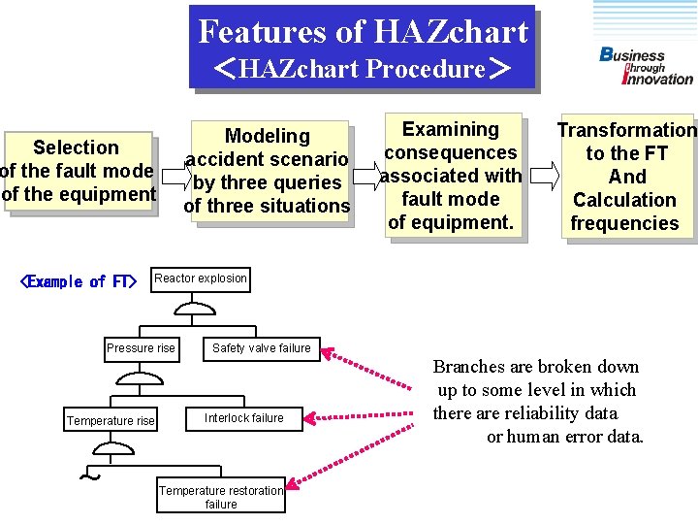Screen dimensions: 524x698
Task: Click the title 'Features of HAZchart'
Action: pos(363,31)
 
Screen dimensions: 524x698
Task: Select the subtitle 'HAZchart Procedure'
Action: pos(362,69)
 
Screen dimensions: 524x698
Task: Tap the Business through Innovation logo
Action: pos(646,66)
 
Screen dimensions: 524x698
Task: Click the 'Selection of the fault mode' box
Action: pos(78,171)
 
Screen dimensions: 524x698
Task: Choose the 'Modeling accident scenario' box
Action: pos(267,171)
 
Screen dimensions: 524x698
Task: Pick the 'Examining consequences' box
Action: pos(451,176)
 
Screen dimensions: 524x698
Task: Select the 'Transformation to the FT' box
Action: pos(625,177)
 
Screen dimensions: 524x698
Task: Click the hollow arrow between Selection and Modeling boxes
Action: pos(173,175)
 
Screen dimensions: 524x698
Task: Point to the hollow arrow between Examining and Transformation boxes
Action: pos(544,176)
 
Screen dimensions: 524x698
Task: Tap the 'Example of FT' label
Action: pos(79,281)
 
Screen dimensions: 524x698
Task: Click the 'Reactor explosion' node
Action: pos(201,278)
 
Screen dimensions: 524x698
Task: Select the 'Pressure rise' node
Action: pos(142,347)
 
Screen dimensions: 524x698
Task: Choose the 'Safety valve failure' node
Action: pos(261,347)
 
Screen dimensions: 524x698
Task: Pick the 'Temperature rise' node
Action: pos(111,420)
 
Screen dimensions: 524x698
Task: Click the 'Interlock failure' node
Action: pos(244,418)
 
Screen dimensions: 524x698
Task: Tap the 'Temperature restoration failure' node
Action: pos(221,497)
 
